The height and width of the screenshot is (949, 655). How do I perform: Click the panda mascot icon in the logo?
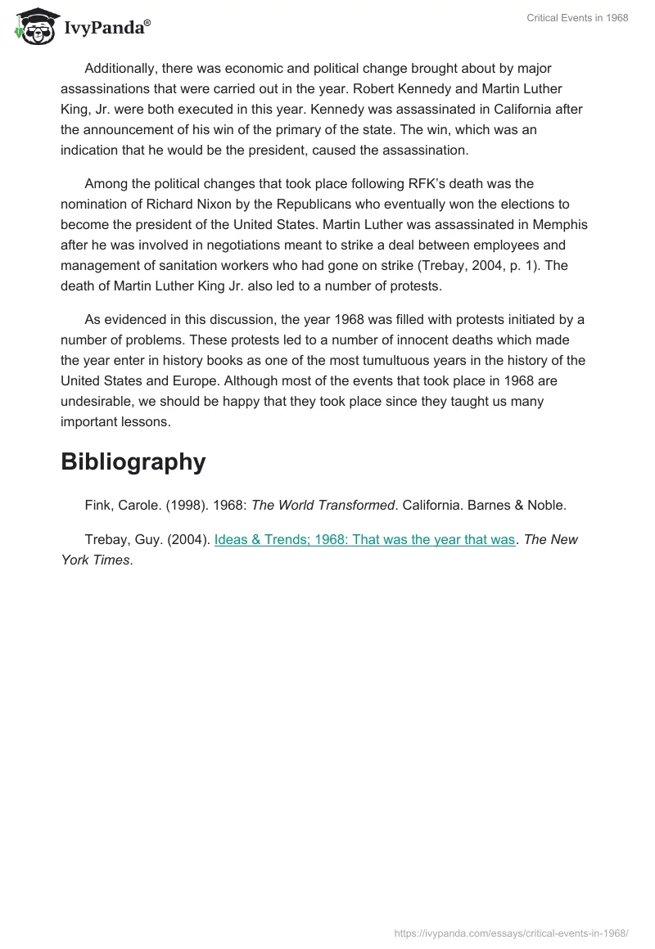point(35,25)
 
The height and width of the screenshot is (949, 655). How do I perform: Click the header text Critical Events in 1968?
point(578,18)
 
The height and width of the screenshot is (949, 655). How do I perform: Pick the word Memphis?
point(560,225)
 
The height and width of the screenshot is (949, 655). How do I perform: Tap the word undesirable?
point(101,402)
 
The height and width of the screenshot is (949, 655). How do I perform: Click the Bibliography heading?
point(133,461)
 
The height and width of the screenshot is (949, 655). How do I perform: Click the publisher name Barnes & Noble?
point(526,506)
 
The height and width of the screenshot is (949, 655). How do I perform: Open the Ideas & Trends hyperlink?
point(364,540)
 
